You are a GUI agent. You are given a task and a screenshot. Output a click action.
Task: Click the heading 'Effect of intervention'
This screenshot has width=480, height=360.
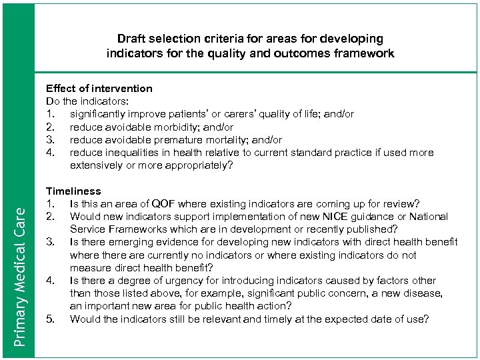(x=99, y=88)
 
